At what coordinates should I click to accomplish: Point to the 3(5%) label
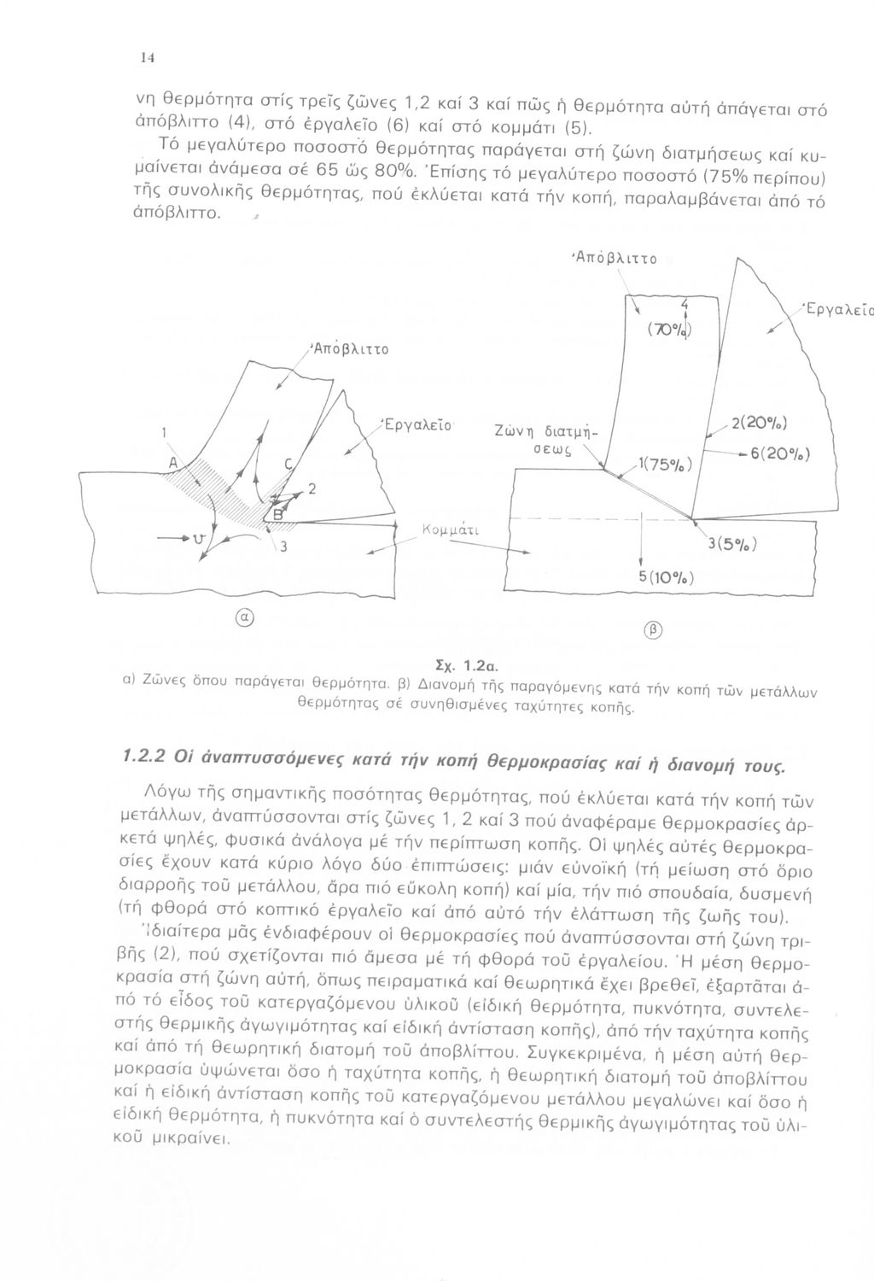click(x=731, y=544)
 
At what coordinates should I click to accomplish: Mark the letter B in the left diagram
click(x=277, y=513)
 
